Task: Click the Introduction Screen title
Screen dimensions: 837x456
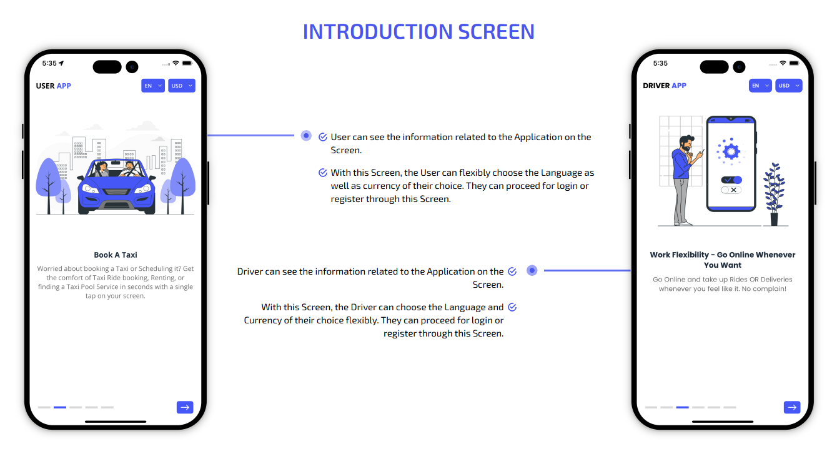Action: (418, 31)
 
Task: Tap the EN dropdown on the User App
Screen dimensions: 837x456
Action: (153, 86)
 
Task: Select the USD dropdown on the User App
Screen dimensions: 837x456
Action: (182, 86)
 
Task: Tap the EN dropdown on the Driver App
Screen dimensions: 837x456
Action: (760, 86)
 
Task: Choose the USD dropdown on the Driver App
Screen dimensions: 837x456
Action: (789, 86)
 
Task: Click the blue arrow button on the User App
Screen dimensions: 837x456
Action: (185, 407)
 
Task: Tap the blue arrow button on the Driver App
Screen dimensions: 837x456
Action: (792, 407)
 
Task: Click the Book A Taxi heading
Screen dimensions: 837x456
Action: (116, 255)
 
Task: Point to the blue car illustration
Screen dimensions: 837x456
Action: (116, 186)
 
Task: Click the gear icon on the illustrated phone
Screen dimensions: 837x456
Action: (731, 151)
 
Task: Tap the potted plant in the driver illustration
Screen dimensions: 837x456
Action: (774, 195)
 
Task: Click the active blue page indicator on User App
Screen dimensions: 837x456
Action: (60, 407)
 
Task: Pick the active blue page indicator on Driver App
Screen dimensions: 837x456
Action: (682, 407)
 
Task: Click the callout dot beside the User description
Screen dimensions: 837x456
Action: (306, 136)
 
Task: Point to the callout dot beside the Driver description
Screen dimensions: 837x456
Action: (532, 270)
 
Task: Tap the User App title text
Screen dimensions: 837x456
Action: (54, 86)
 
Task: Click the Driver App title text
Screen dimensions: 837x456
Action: (665, 86)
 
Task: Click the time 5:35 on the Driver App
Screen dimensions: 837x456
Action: (660, 64)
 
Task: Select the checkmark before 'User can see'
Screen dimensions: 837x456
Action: (323, 137)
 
